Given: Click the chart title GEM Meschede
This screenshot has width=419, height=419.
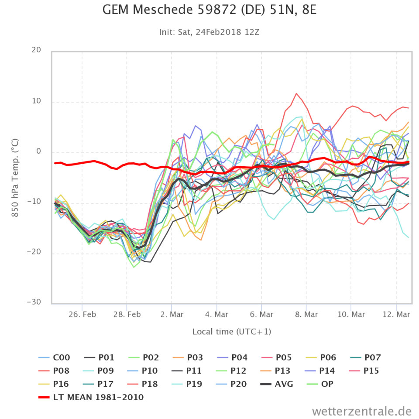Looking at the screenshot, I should (209, 10).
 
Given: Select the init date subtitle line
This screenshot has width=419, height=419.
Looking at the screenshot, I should (209, 32).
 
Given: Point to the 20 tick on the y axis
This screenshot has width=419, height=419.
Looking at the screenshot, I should (37, 50).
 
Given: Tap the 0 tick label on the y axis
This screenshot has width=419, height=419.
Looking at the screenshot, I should (38, 151).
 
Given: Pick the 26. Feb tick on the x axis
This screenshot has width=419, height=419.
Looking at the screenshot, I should (82, 314).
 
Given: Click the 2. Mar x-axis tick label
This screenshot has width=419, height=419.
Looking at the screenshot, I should (172, 314).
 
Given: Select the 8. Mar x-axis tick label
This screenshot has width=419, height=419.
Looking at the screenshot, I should (306, 314).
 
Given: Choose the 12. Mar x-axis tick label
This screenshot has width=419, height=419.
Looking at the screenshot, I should (396, 314).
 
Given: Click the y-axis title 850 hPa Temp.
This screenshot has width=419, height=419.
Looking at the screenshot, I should (16, 177).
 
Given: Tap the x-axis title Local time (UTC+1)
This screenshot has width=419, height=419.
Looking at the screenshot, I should (232, 332).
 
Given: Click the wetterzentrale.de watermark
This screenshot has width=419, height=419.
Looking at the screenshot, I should (362, 411).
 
